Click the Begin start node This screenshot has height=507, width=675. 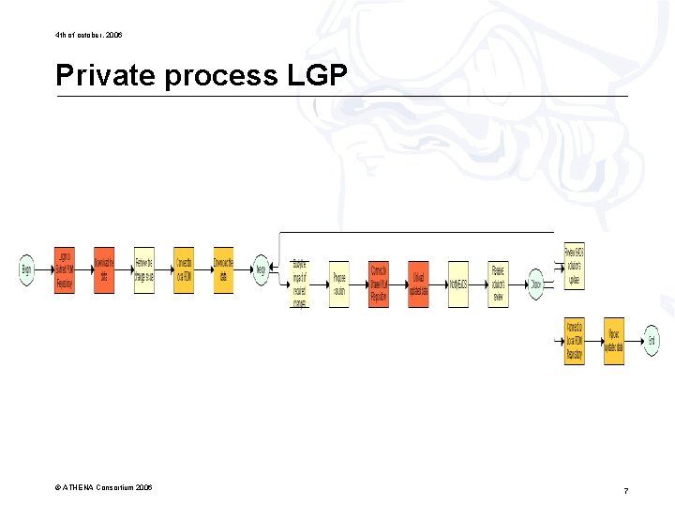tap(26, 270)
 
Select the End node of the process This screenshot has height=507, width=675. tap(652, 340)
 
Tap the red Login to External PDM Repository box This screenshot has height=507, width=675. tap(64, 270)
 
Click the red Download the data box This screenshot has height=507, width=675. tap(103, 270)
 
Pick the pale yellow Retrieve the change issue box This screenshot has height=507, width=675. tap(143, 270)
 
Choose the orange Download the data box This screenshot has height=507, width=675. tap(223, 270)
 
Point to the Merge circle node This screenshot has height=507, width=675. tap(261, 270)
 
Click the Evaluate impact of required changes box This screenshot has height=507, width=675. tap(299, 284)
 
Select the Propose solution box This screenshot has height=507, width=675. tap(339, 284)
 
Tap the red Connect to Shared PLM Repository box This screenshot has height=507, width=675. tap(379, 284)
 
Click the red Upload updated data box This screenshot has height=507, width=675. tap(418, 284)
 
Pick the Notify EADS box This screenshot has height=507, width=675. tap(457, 284)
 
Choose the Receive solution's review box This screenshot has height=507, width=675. tap(498, 284)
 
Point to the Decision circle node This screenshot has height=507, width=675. tap(535, 284)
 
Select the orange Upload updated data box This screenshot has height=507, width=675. tap(614, 341)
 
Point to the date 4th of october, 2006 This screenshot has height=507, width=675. tap(88, 35)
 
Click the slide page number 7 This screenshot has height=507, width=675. tap(625, 491)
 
